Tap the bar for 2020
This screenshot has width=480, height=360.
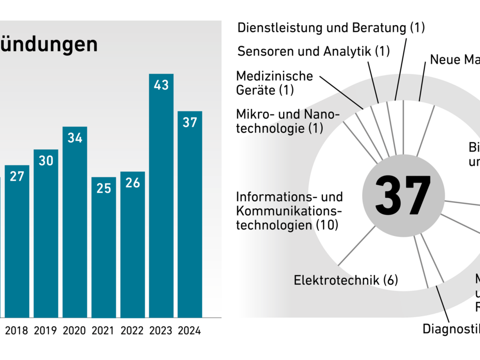coord(75,224)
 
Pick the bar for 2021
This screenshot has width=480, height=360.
coord(104,248)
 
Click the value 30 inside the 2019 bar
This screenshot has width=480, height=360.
coord(46,160)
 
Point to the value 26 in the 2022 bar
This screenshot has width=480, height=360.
coord(132,182)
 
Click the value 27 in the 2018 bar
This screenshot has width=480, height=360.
coord(17,176)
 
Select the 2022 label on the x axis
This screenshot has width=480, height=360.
coord(132,331)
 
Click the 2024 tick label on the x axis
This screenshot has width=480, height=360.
coord(190,331)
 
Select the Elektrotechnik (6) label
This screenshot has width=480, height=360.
coord(346,280)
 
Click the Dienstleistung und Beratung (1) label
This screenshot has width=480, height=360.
coord(331,28)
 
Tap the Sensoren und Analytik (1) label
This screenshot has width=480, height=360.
coord(313,51)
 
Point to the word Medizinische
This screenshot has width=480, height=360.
coord(274,76)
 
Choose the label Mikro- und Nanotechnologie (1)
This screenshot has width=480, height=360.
coord(287,121)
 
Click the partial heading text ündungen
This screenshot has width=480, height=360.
coord(49,45)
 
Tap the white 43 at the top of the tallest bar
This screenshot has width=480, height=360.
coord(161,85)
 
